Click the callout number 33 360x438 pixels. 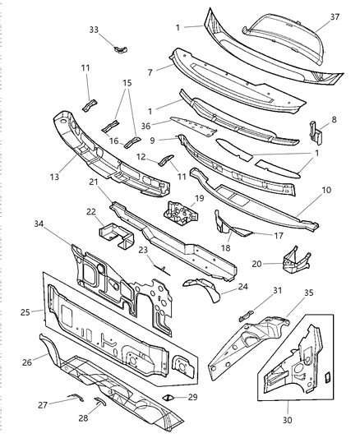coord(94,30)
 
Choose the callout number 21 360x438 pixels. coord(95,182)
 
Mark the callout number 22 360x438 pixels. coord(91,211)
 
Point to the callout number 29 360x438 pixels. coord(194,397)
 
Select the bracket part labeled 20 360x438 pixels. coord(294,260)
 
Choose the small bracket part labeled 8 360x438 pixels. coord(316,132)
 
